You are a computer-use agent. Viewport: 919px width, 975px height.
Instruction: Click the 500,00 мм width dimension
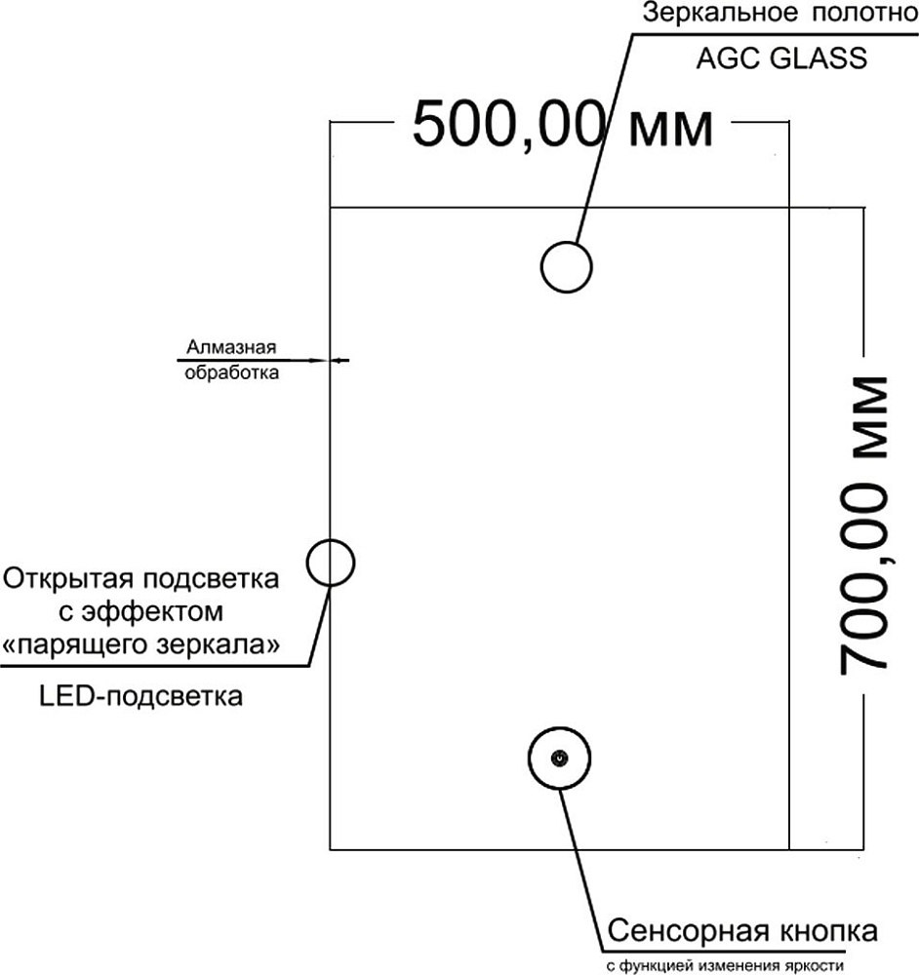click(x=561, y=125)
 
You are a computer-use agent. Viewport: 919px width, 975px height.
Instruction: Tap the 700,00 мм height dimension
click(x=862, y=524)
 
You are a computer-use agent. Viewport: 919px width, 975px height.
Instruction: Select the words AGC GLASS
click(x=780, y=58)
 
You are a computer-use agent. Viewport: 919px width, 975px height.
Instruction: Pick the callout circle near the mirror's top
click(x=567, y=266)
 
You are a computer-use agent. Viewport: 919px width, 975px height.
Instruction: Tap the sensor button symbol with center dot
click(x=559, y=759)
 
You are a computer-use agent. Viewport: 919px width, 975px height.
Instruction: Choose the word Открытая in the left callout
click(x=65, y=579)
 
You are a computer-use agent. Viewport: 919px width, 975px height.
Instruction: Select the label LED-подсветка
click(x=142, y=697)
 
